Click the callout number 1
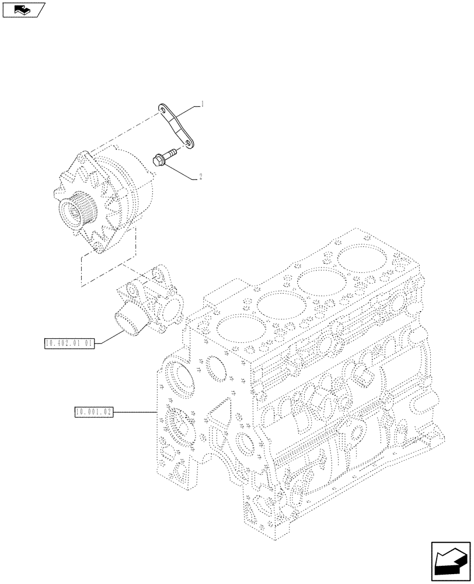tap(202, 105)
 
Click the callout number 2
tap(201, 176)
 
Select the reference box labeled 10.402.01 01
tap(69, 343)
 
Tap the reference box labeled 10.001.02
tap(93, 412)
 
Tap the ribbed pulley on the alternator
tap(75, 210)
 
